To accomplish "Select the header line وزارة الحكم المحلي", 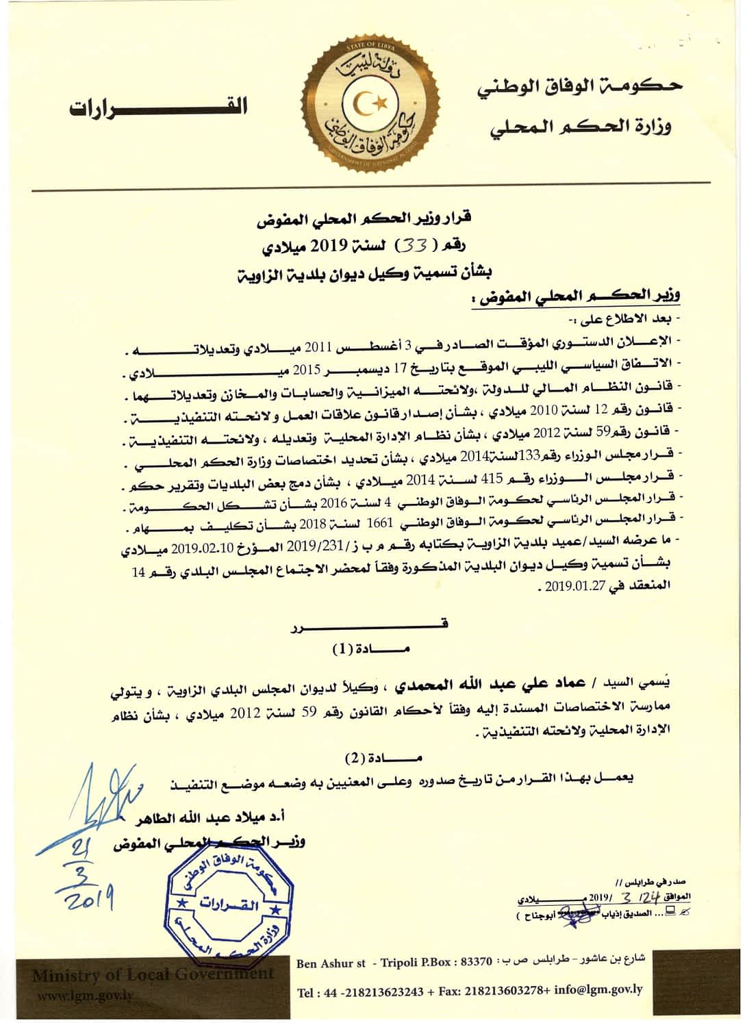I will (x=580, y=127).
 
